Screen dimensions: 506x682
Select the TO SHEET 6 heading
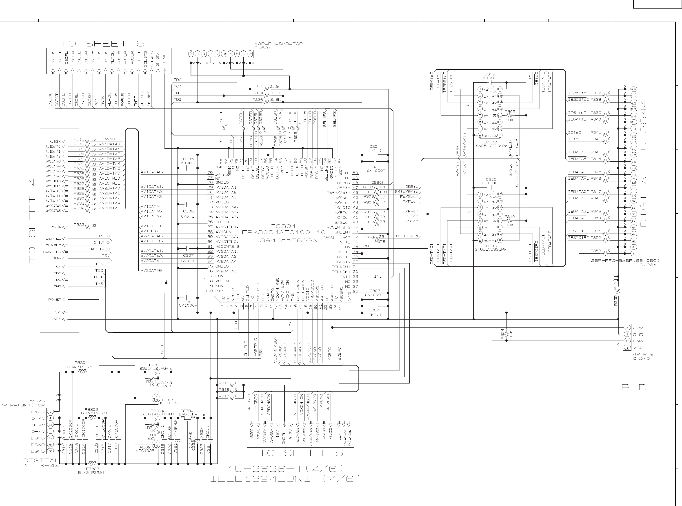pyautogui.click(x=102, y=44)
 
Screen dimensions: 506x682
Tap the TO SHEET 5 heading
pyautogui.click(x=301, y=453)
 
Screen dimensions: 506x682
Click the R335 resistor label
pyautogui.click(x=258, y=86)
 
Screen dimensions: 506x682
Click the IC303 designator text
pyautogui.click(x=490, y=246)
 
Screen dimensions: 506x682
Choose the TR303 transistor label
pyautogui.click(x=155, y=365)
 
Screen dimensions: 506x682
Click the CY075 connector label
pyautogui.click(x=36, y=401)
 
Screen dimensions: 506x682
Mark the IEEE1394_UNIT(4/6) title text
pyautogui.click(x=285, y=479)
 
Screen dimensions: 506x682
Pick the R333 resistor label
pyautogui.click(x=79, y=225)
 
